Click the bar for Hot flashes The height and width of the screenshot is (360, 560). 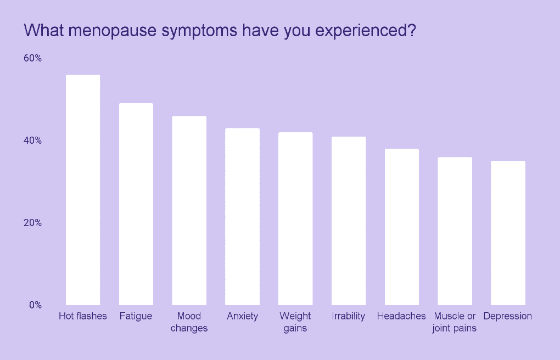83,190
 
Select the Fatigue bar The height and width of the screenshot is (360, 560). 136,204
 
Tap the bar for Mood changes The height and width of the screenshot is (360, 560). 189,211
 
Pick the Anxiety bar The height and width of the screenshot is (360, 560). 243,216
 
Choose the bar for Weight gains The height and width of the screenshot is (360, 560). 295,218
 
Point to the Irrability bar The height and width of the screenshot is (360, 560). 349,221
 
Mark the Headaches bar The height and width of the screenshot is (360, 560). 402,227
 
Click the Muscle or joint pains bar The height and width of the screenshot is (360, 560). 455,231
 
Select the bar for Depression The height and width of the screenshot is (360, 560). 508,233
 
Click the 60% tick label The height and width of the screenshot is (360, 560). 32,58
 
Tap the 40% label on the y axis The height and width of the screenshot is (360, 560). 32,140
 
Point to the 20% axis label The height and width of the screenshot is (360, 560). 32,223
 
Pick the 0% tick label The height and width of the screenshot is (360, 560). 35,305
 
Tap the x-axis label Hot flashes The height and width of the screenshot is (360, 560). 83,316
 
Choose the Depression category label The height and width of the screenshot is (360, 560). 507,317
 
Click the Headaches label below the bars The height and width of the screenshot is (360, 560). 401,316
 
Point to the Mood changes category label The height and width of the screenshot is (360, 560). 189,322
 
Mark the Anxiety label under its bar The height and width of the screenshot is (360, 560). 243,317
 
